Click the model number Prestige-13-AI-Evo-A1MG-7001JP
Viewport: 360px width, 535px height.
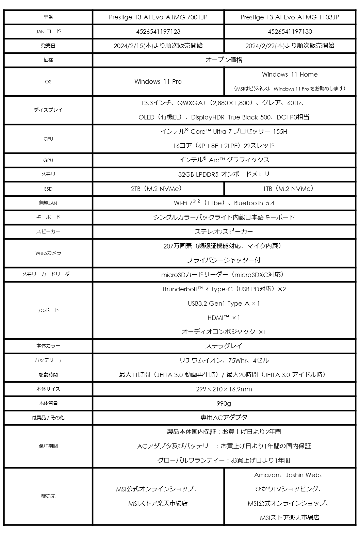(x=158, y=17)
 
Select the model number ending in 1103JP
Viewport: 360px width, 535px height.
(x=290, y=17)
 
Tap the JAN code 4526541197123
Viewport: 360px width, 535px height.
(x=158, y=32)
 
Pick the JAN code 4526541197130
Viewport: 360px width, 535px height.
(x=290, y=32)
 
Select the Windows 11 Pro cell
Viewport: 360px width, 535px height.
(x=158, y=82)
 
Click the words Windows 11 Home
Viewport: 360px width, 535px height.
(x=290, y=75)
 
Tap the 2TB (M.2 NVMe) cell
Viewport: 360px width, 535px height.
(x=158, y=189)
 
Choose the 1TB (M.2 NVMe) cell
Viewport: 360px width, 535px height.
(x=290, y=189)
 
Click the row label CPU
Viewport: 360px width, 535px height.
(x=48, y=139)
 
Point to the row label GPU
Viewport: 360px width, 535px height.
(x=48, y=160)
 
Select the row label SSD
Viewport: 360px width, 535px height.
(x=48, y=189)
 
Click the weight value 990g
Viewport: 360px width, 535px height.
(x=224, y=403)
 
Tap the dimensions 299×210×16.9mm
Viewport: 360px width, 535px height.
(x=224, y=389)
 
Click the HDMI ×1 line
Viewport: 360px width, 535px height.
(x=224, y=318)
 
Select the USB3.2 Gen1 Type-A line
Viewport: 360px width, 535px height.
(x=224, y=304)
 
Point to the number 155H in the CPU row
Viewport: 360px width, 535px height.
(x=280, y=132)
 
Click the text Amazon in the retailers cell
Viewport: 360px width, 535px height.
(x=267, y=475)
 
